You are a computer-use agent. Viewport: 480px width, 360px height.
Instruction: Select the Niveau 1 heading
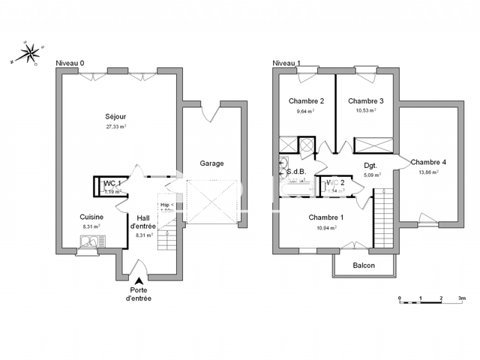pyautogui.click(x=286, y=63)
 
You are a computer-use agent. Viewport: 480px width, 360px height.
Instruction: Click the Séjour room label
pyautogui.click(x=115, y=117)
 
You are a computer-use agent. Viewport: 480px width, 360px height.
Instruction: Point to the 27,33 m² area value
pyautogui.click(x=115, y=127)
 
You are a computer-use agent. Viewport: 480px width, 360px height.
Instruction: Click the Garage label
pyautogui.click(x=211, y=163)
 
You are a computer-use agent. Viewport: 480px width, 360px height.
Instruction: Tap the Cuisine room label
pyautogui.click(x=91, y=217)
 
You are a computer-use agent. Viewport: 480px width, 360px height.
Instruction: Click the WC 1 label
pyautogui.click(x=112, y=183)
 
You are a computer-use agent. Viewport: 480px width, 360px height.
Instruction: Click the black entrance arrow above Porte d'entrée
pyautogui.click(x=138, y=280)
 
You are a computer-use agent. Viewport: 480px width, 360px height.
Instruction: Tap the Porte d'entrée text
pyautogui.click(x=138, y=294)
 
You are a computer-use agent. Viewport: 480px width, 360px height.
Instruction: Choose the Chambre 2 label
pyautogui.click(x=306, y=101)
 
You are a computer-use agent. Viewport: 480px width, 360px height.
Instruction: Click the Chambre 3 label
pyautogui.click(x=366, y=101)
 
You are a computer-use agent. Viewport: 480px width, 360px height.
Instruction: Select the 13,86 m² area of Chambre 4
pyautogui.click(x=428, y=172)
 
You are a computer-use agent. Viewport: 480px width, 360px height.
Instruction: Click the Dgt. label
pyautogui.click(x=370, y=166)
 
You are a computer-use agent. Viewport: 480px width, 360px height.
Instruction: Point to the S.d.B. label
pyautogui.click(x=297, y=172)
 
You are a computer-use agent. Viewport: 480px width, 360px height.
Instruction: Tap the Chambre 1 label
pyautogui.click(x=326, y=217)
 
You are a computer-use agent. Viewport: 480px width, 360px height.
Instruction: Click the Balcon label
pyautogui.click(x=364, y=265)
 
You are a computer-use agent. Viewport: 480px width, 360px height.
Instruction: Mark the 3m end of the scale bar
pyautogui.click(x=462, y=298)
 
